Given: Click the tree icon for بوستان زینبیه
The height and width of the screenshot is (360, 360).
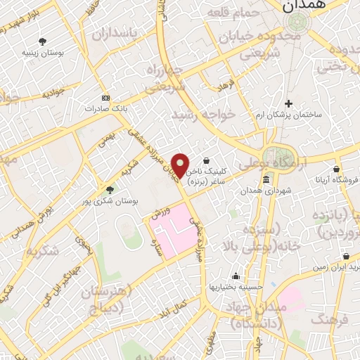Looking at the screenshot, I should tap(42, 41).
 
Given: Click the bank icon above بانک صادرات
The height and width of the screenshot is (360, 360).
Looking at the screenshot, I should tap(105, 98).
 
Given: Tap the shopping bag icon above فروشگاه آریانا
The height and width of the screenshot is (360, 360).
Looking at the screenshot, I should tap(337, 169).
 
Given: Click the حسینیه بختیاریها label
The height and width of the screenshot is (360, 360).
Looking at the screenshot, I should tap(234, 287).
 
